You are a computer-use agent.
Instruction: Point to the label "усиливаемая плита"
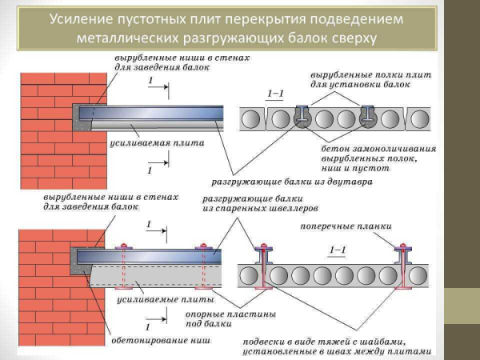click(x=156, y=144)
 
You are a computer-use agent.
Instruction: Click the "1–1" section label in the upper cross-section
click(x=274, y=94)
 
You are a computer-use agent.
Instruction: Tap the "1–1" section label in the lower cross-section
click(x=338, y=250)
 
